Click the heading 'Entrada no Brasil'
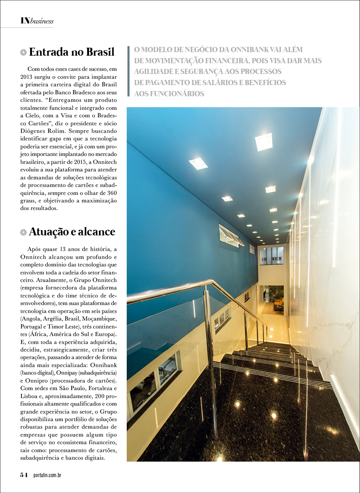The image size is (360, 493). coord(72,52)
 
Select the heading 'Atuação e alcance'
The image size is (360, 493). coord(72,231)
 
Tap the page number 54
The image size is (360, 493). coord(24,475)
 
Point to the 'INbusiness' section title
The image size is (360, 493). coord(37,21)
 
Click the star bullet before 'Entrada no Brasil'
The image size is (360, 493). coord(23,52)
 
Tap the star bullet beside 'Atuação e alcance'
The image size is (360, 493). coord(23,232)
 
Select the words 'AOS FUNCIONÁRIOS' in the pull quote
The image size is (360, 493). coord(169,94)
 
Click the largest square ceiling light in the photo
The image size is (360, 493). coord(264,142)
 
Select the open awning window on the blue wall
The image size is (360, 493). coord(231,235)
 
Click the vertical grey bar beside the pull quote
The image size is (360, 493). coord(128,72)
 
